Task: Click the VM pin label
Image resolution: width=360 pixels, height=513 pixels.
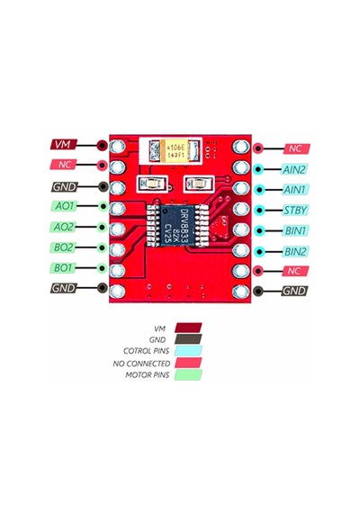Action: (64, 144)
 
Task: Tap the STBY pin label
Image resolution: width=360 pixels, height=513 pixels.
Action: (295, 210)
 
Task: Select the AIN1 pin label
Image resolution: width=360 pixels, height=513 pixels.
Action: (294, 189)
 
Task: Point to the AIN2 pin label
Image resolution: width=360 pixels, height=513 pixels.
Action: (294, 169)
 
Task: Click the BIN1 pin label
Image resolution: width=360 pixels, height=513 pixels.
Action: (295, 230)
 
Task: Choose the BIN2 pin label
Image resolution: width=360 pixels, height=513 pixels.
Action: (295, 251)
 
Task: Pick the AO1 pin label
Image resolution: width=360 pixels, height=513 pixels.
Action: (64, 206)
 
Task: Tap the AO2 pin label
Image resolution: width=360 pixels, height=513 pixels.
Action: (63, 227)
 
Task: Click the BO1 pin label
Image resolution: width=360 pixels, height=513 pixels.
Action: (63, 268)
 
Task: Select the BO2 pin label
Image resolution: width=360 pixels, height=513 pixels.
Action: (63, 247)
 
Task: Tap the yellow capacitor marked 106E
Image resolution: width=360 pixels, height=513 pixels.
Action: (175, 150)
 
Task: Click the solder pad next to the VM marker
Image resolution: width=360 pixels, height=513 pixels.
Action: (117, 146)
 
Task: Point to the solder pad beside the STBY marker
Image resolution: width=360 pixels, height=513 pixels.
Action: (241, 209)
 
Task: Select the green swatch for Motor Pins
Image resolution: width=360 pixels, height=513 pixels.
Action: (188, 375)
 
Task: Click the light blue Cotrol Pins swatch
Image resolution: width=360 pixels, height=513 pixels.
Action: (188, 351)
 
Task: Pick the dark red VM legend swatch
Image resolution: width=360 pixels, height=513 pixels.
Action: (188, 328)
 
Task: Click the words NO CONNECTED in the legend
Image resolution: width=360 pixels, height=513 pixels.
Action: (141, 364)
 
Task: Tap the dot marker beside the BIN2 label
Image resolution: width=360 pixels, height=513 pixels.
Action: (259, 251)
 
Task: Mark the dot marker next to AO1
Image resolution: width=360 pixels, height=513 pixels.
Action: (103, 206)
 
